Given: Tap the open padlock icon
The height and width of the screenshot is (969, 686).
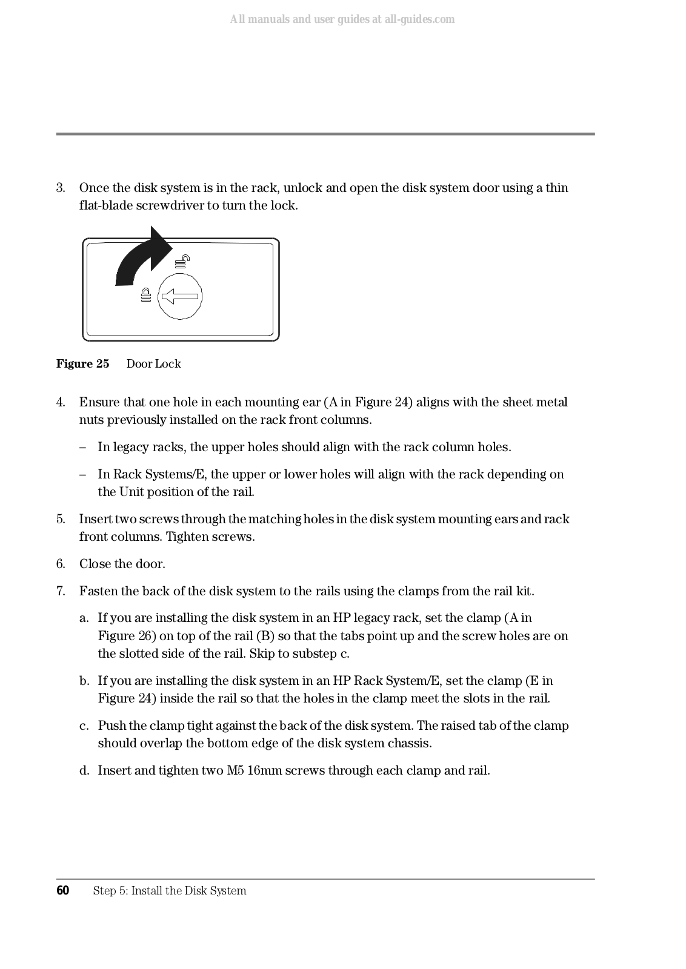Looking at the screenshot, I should tap(182, 262).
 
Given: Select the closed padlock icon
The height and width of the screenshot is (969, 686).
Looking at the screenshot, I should tap(145, 295).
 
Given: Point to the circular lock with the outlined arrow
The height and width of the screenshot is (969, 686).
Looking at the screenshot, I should tap(179, 297).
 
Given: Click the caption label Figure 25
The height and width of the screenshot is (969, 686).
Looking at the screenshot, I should tap(83, 364).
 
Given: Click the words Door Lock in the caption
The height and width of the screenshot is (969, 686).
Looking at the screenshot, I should tap(153, 364).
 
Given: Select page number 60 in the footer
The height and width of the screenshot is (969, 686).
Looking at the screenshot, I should tap(63, 890).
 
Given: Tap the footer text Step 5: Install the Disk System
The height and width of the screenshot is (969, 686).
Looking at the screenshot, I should tap(170, 890).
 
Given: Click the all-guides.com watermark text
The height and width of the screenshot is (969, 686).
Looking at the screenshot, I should tap(342, 19).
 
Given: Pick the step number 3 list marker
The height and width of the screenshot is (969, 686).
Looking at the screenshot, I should tap(61, 188).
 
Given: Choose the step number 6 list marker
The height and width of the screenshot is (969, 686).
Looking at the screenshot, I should tap(61, 564).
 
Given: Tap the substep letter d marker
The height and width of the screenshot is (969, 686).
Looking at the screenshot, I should tap(84, 770).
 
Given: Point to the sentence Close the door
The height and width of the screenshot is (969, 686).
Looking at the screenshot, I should tap(122, 564).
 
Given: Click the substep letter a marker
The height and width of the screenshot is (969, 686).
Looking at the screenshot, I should tap(84, 618).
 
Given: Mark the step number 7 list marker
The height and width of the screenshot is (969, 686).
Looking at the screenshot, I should tap(61, 590).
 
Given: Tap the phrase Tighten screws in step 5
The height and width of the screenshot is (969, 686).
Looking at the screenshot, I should tap(210, 537).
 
